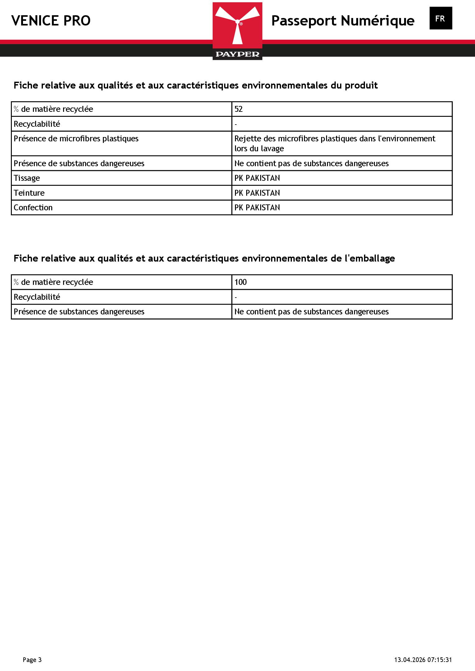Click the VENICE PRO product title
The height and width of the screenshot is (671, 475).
51,21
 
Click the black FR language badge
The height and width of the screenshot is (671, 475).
440,19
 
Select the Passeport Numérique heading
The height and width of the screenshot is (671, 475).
343,21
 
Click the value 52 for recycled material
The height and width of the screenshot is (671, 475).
238,109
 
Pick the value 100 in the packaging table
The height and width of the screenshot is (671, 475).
241,282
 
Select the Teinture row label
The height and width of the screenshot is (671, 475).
29,193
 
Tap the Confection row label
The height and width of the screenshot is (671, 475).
33,208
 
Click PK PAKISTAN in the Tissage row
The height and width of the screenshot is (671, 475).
257,178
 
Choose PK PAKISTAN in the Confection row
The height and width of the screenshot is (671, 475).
257,208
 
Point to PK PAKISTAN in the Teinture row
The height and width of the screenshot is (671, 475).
257,193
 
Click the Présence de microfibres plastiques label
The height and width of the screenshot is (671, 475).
76,139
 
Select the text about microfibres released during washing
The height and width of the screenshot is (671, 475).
334,144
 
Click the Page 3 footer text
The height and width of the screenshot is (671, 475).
32,660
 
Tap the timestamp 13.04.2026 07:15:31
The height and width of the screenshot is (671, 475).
423,660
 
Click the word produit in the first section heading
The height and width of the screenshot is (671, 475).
361,85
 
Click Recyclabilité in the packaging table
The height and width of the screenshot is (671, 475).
37,297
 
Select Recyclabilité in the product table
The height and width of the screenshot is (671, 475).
37,124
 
